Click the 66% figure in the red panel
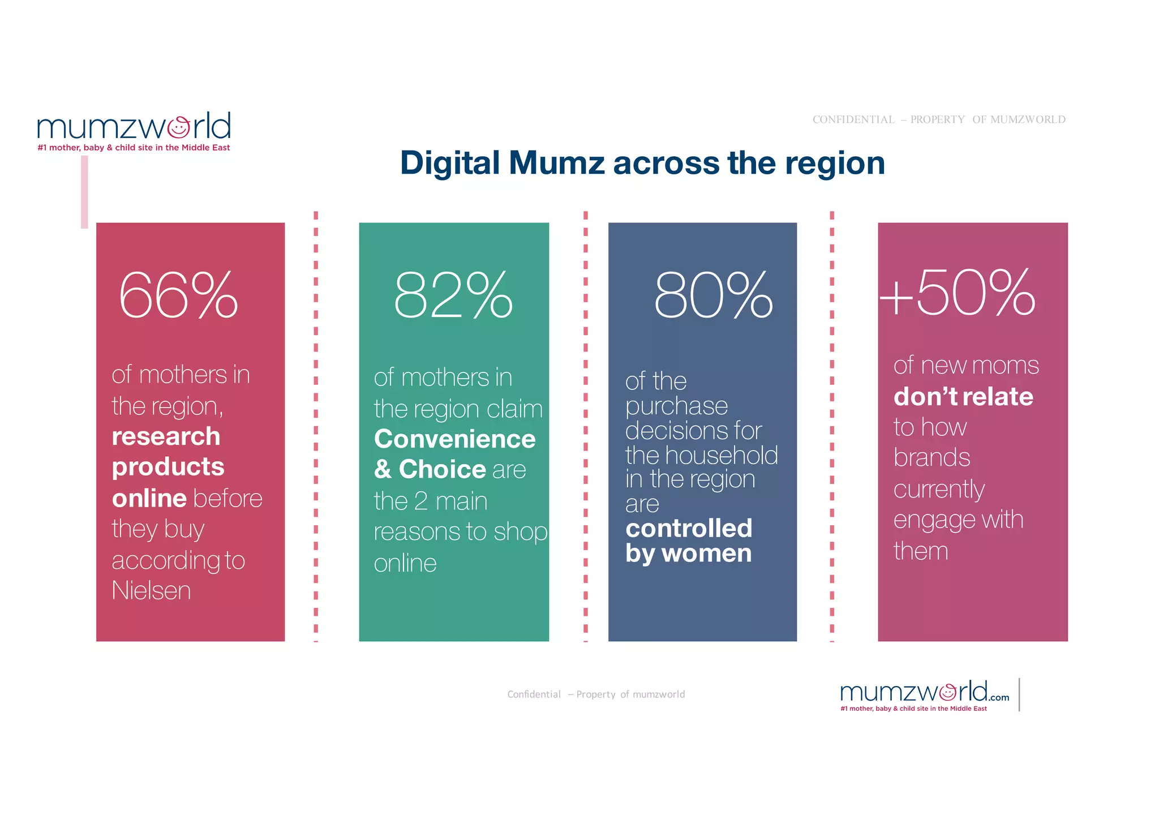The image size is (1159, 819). [178, 295]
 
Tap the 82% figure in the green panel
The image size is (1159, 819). [453, 295]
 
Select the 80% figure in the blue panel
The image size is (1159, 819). [713, 295]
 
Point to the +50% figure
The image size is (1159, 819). [958, 293]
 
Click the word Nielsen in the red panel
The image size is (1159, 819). [151, 591]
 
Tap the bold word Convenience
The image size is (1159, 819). [454, 439]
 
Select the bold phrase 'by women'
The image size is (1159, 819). [688, 553]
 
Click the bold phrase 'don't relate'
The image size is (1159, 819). [963, 396]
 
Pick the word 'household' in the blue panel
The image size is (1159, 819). [721, 455]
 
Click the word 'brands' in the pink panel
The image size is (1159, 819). [932, 457]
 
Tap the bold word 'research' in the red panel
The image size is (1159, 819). [166, 436]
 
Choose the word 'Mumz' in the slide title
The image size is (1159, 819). [557, 163]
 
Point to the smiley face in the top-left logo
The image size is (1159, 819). [179, 127]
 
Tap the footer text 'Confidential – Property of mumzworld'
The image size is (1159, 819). [595, 694]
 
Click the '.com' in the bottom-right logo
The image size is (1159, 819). [999, 698]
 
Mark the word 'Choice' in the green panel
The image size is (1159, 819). [442, 470]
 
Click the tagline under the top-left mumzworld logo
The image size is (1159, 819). [134, 148]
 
